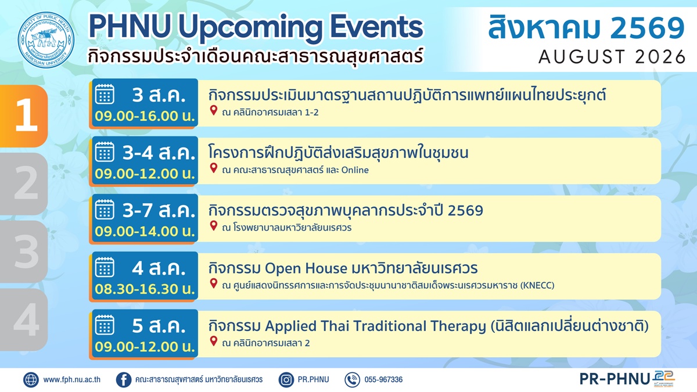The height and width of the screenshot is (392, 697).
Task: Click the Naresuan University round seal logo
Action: [46, 40]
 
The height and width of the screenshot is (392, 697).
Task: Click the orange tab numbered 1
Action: [24, 116]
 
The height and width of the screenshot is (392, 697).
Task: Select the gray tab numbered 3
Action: [24, 251]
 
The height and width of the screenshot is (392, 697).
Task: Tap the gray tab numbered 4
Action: [24, 319]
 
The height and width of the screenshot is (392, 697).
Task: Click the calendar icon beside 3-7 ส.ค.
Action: [105, 210]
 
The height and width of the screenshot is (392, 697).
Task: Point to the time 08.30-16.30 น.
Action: [145, 289]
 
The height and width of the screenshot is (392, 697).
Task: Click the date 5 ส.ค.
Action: [159, 326]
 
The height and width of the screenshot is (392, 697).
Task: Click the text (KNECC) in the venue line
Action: [537, 285]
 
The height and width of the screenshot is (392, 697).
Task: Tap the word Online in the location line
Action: [355, 170]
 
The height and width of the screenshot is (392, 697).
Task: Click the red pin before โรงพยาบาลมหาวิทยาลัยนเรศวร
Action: [214, 226]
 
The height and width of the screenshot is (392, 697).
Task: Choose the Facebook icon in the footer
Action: [124, 380]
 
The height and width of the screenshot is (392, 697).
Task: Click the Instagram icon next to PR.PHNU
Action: [286, 380]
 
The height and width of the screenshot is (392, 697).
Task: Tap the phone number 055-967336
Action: [383, 380]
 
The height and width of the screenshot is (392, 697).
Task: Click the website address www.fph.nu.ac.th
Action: [72, 380]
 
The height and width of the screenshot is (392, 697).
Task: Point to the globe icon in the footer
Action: [31, 380]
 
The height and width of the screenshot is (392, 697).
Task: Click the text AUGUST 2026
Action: [612, 57]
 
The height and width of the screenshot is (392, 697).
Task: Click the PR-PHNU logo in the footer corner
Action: [627, 379]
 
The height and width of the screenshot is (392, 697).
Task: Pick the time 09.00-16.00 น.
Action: [145, 116]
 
